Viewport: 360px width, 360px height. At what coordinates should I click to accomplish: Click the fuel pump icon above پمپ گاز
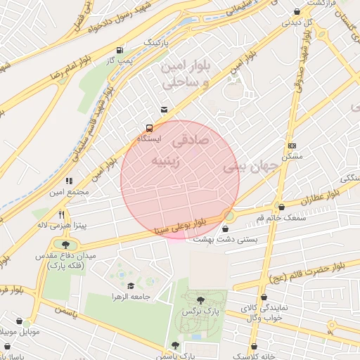(x=120, y=51)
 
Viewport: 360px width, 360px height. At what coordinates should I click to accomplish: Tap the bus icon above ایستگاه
(x=149, y=128)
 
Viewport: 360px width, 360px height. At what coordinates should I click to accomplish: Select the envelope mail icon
(x=164, y=109)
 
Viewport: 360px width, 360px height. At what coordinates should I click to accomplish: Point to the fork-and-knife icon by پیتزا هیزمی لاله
(x=62, y=214)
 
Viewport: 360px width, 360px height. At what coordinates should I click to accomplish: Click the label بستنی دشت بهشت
(x=226, y=240)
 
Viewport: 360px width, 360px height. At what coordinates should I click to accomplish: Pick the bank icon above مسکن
(x=292, y=146)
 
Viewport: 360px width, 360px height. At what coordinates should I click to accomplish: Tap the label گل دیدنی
(x=297, y=22)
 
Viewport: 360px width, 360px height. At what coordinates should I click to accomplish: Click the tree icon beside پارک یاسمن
(x=174, y=345)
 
